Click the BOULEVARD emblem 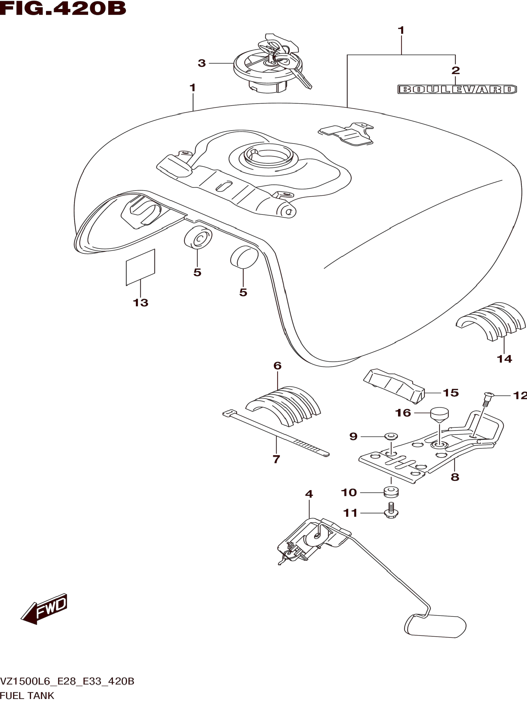[x=457, y=89]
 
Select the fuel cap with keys [x=268, y=68]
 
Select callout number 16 [x=403, y=413]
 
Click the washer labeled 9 [x=391, y=436]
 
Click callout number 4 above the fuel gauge [x=309, y=494]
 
